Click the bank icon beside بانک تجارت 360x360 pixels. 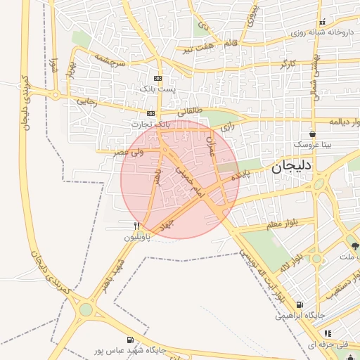150,112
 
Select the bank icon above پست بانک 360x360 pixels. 157,78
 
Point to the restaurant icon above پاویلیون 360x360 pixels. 137,226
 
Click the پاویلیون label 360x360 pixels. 138,237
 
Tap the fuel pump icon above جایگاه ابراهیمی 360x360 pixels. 300,305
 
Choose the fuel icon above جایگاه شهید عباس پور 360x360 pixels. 130,340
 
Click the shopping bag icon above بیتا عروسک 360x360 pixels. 312,134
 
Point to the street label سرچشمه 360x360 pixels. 111,62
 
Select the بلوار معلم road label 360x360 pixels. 262,224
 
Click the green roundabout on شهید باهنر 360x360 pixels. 86,309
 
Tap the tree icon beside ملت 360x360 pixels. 354,246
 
